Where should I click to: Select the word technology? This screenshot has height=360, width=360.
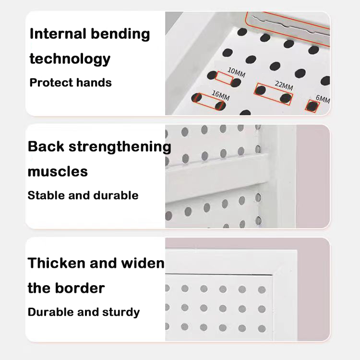70,59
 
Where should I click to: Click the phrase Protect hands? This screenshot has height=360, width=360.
71,83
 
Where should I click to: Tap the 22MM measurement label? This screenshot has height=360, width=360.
284,87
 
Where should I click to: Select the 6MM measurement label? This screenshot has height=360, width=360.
323,99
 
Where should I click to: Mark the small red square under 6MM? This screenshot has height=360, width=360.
312,106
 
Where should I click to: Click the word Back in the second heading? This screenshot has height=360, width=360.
47,146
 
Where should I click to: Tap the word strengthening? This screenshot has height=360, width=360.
120,147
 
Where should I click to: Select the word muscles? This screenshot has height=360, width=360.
58,171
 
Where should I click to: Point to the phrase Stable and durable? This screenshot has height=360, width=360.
83,195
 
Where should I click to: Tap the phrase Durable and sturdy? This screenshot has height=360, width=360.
84,312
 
